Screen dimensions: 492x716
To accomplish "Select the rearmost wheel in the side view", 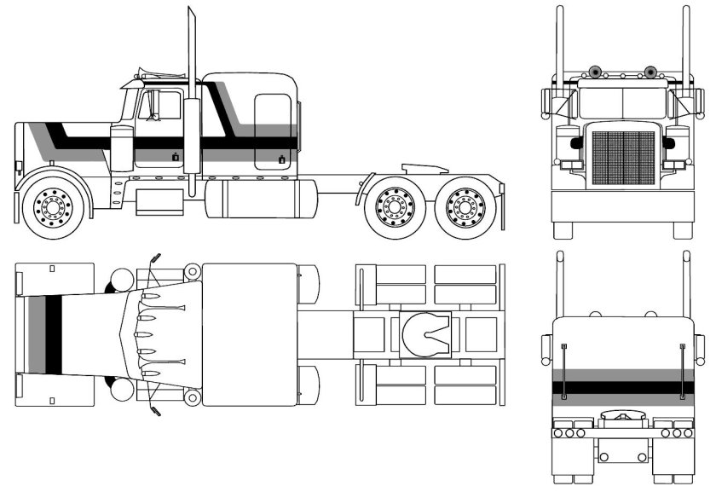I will [x=465, y=206].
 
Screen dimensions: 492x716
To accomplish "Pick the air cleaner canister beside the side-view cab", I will [x=122, y=149].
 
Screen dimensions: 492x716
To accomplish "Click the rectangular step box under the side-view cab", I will [x=159, y=200].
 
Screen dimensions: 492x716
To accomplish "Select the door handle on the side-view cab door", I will [x=176, y=157].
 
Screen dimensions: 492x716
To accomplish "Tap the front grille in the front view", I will [x=623, y=158].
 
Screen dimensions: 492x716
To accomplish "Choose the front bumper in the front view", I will [x=623, y=205].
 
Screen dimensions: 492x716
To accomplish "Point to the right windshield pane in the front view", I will [x=644, y=103].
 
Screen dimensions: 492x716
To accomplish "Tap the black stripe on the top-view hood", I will [x=53, y=333].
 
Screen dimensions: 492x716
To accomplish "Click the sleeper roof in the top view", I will [x=249, y=333].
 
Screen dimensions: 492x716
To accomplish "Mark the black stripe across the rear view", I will [x=623, y=388].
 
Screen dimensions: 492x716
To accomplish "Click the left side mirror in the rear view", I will [x=546, y=349].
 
